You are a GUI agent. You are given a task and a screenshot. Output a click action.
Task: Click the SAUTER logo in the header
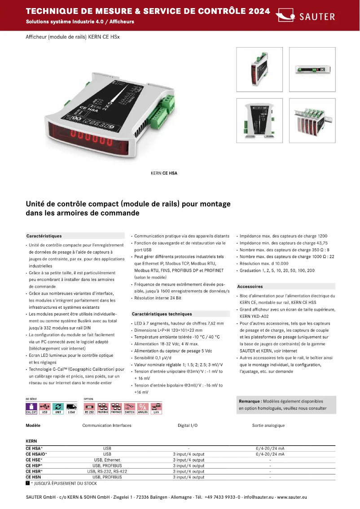305,16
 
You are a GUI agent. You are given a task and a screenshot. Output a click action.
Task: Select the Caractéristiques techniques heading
162,314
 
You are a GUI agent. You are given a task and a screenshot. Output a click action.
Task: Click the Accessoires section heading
250,286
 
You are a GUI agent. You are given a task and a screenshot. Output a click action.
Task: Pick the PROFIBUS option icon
103,408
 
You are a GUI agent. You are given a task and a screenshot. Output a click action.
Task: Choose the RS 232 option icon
89,408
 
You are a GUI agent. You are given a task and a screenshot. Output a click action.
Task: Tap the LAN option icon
156,408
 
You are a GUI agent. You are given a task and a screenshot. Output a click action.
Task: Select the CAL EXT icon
31,408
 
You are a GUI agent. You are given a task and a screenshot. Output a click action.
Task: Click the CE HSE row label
34,460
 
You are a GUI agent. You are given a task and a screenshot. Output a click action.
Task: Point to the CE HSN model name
34,477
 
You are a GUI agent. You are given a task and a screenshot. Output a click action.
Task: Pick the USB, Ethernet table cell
107,460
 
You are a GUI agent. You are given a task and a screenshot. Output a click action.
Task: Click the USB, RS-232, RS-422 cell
107,471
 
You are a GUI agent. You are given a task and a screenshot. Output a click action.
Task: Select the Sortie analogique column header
268,426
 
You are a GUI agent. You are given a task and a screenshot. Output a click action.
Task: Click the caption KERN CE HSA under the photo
164,172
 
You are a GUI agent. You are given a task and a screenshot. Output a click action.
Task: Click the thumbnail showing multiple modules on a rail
312,121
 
